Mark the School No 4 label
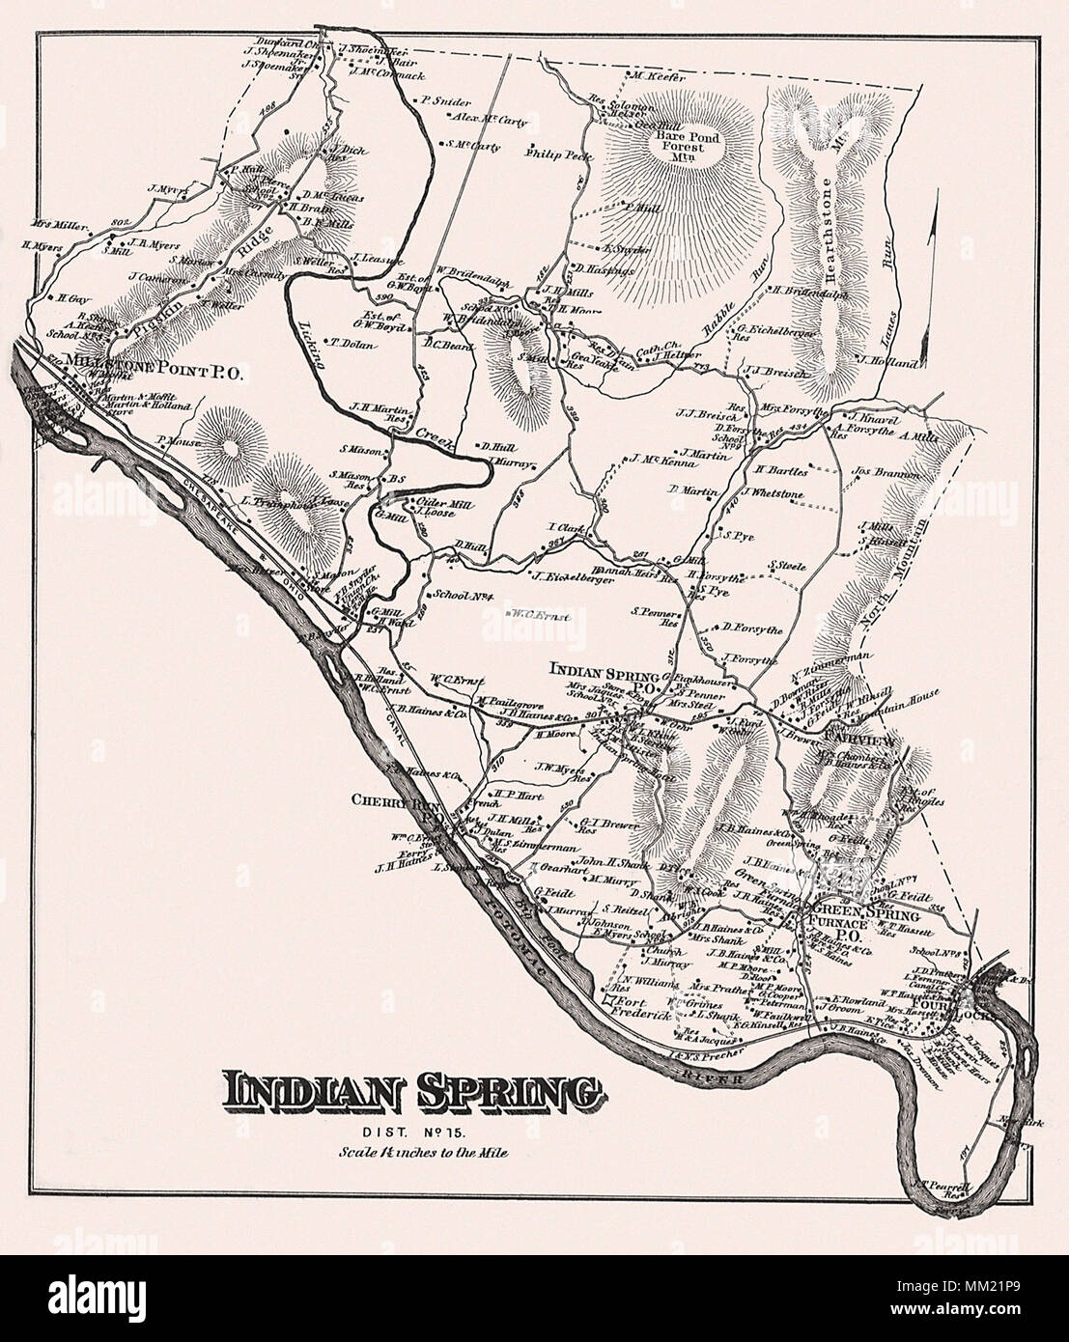464,596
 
